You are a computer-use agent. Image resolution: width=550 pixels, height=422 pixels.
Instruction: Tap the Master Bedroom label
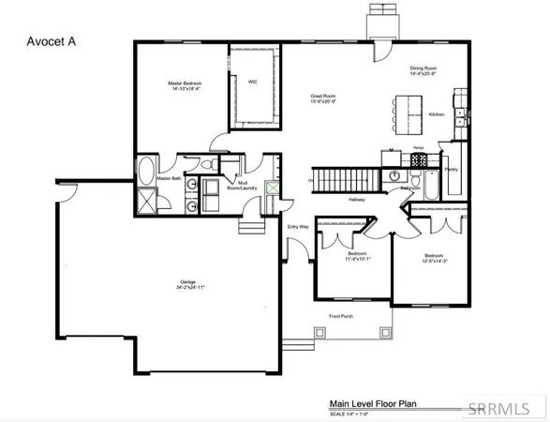click(x=185, y=85)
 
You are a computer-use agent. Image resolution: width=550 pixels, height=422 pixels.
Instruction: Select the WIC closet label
click(x=253, y=82)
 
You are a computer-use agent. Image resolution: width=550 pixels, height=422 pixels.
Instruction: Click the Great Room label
click(x=324, y=98)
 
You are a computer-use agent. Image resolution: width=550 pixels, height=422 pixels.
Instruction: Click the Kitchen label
click(x=437, y=113)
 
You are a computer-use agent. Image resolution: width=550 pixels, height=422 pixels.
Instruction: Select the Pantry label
click(x=452, y=171)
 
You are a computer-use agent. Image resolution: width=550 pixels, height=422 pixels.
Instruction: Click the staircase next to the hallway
click(x=344, y=176)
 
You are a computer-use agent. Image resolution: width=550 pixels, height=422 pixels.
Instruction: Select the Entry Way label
click(x=297, y=226)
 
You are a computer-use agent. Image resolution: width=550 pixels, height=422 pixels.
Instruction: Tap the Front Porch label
click(x=341, y=317)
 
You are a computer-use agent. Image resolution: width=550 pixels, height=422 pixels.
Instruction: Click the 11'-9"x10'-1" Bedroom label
click(x=358, y=257)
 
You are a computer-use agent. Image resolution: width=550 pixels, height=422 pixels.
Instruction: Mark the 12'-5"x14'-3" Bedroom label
click(x=433, y=258)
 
